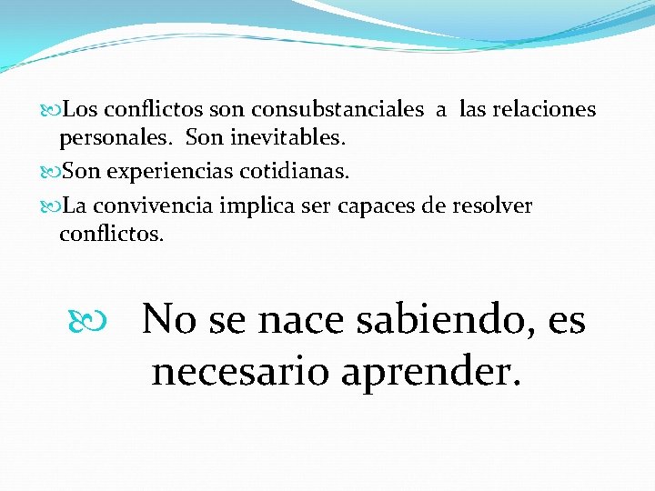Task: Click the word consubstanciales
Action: [x=338, y=110]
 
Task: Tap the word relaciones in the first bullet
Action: [x=543, y=110]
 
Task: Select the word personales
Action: [x=117, y=140]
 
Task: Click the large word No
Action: [x=168, y=319]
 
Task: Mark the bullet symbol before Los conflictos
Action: [x=51, y=111]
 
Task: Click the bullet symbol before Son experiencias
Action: [x=51, y=172]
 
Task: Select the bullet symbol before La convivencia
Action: [x=51, y=206]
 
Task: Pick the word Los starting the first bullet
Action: [x=82, y=110]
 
